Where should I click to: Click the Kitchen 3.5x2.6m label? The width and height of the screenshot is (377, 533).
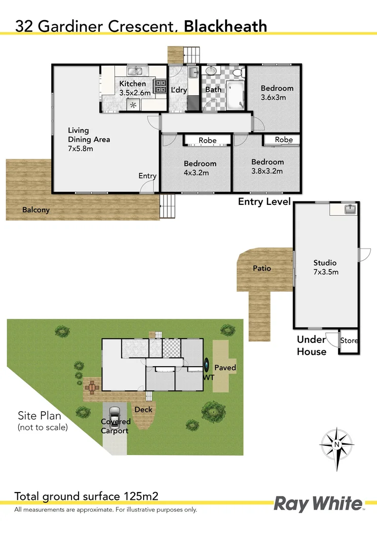pyautogui.click(x=132, y=88)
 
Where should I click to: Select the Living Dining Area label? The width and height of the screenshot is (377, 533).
pyautogui.click(x=89, y=139)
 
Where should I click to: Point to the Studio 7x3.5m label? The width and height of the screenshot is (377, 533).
pyautogui.click(x=325, y=267)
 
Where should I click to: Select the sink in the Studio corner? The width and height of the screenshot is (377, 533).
pyautogui.click(x=350, y=209)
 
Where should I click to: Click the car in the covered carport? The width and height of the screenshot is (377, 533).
pyautogui.click(x=115, y=414)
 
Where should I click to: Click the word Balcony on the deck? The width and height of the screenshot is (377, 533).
pyautogui.click(x=36, y=210)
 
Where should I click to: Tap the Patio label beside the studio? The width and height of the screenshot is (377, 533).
pyautogui.click(x=262, y=268)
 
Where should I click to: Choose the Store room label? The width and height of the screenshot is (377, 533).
pyautogui.click(x=349, y=341)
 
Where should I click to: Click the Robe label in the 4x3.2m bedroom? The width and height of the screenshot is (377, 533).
pyautogui.click(x=207, y=141)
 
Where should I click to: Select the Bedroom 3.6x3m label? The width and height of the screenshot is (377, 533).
pyautogui.click(x=277, y=93)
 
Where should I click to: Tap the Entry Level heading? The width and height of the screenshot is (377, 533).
pyautogui.click(x=264, y=201)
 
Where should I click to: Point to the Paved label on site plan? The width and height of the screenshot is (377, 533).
pyautogui.click(x=225, y=368)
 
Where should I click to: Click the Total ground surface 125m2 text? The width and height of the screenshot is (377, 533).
pyautogui.click(x=86, y=496)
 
